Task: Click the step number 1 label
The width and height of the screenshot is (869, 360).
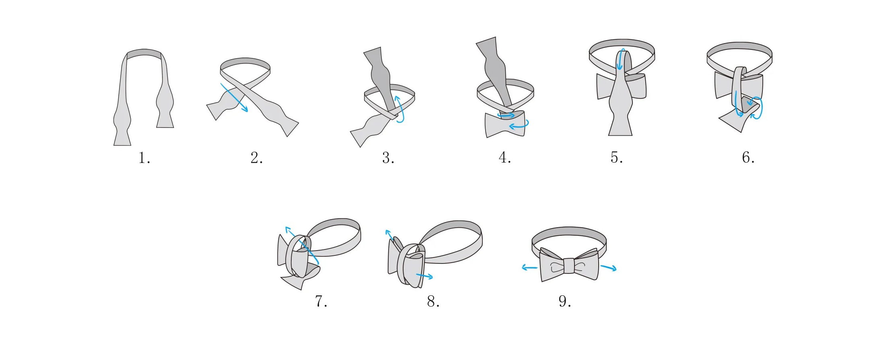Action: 144,158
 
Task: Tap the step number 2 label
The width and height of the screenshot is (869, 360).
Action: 256,158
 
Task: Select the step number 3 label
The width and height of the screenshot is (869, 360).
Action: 388,158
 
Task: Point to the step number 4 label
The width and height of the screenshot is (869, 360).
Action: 505,158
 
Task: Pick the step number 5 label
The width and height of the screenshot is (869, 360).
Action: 616,158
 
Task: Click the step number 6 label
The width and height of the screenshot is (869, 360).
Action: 748,158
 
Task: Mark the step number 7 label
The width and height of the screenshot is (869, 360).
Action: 321,301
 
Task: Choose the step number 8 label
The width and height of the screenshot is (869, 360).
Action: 433,301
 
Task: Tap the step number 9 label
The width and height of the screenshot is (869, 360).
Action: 564,301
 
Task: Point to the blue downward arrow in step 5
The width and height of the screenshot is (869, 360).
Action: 621,59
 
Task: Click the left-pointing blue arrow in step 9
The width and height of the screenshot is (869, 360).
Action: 529,267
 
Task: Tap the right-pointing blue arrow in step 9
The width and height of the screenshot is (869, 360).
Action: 608,268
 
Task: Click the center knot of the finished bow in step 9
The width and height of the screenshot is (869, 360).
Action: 569,266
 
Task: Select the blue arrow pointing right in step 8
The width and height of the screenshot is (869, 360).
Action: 424,276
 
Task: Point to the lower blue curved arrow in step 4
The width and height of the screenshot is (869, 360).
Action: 519,125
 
